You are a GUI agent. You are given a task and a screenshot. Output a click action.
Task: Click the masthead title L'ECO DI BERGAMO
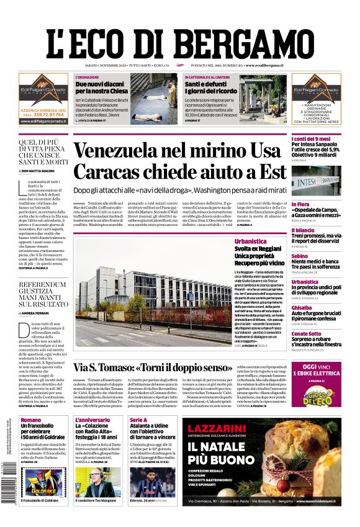pyautogui.click(x=179, y=39)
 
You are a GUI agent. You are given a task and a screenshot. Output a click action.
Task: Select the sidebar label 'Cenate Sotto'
pyautogui.click(x=307, y=333)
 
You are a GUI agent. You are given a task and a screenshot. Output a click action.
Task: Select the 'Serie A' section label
pyautogui.click(x=138, y=420)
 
